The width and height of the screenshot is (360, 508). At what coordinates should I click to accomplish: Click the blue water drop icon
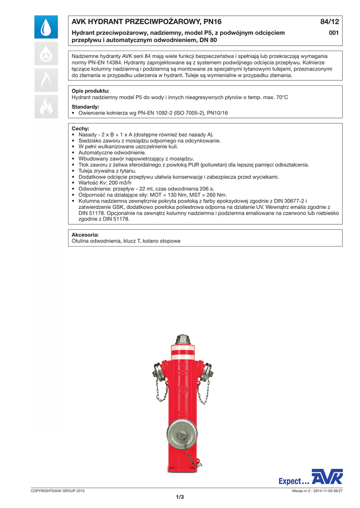click(46, 27)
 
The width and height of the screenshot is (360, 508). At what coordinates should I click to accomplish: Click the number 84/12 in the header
click(329, 21)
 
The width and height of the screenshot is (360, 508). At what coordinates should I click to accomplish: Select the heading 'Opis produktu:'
click(90, 91)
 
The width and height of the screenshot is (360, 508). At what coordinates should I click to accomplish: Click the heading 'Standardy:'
click(85, 107)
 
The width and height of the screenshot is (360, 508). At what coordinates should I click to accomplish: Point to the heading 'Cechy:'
click(80, 128)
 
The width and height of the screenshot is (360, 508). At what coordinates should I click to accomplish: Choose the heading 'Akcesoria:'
click(85, 234)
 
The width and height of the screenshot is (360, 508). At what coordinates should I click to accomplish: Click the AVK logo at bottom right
click(327, 477)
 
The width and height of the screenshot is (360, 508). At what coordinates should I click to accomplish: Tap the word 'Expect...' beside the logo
click(294, 481)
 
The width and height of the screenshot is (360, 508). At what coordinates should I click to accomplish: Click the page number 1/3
click(180, 497)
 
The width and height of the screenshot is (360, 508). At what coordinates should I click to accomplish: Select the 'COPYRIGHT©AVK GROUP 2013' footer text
click(58, 491)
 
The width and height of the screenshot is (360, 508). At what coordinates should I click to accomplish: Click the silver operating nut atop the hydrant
click(180, 339)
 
